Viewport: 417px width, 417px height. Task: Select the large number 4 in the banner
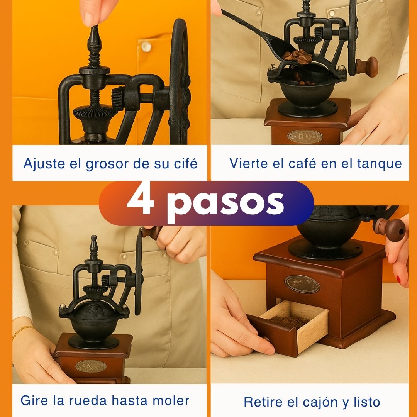[x=141, y=202]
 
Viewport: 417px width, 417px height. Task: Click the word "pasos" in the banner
[x=225, y=203]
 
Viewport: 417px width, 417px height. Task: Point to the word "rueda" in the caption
[x=89, y=400]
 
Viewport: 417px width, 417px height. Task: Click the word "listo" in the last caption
[x=366, y=402]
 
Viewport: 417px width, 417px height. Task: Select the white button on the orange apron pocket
[x=146, y=46]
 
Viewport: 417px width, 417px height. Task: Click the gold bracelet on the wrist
[x=22, y=331]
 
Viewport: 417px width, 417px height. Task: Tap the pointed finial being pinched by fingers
[x=94, y=37]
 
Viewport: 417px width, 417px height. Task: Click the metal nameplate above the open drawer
[x=302, y=284]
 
